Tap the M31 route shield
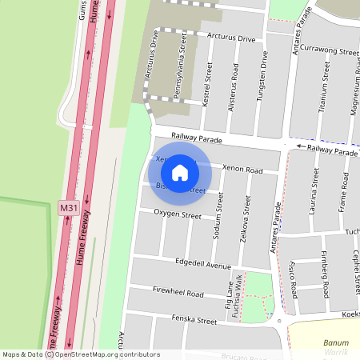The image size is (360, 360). click(x=69, y=208)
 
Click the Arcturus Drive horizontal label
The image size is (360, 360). click(x=231, y=38)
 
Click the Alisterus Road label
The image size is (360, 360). click(x=234, y=87)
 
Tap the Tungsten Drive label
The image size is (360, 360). click(x=261, y=76)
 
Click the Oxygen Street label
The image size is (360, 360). click(x=177, y=214)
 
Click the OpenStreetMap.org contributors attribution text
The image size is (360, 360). click(x=104, y=354)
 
